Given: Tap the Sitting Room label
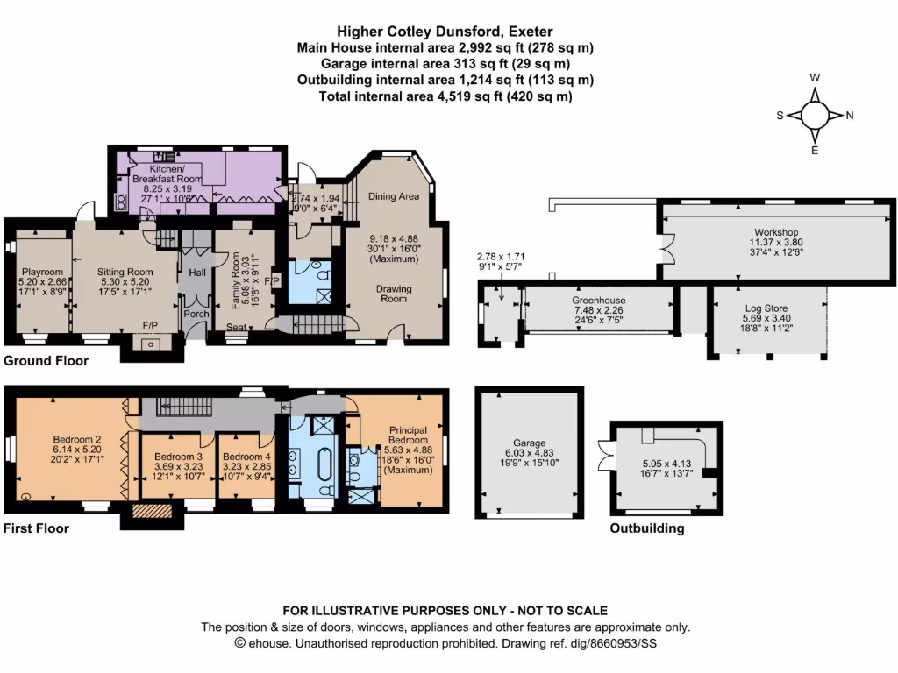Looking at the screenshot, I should [125, 272].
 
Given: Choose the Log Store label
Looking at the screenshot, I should [765, 309].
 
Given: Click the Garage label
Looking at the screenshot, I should [529, 443].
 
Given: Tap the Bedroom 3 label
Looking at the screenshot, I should [179, 457].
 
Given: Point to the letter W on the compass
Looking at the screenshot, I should [815, 78].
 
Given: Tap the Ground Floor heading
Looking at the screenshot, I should [45, 360].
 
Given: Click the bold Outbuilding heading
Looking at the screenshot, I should [647, 528].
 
